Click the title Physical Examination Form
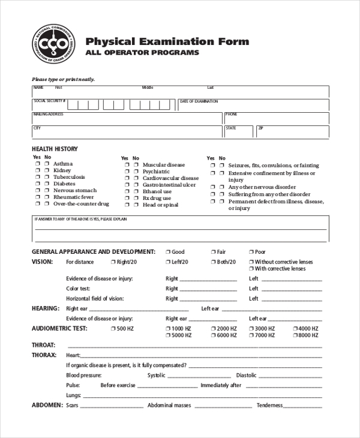pos(167,42)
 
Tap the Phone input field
pos(276,119)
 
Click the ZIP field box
pos(292,132)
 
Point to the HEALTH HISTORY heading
pos(55,149)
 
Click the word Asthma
pos(63,164)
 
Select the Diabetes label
pos(65,184)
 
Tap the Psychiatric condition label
pos(156,172)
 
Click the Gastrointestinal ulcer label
pos(169,185)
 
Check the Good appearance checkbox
pos(168,252)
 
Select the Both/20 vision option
pos(213,262)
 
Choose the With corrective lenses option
pos(251,269)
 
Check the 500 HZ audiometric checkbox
pos(113,329)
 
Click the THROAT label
pos(43,345)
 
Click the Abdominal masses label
pos(169,406)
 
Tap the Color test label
pos(78,289)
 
